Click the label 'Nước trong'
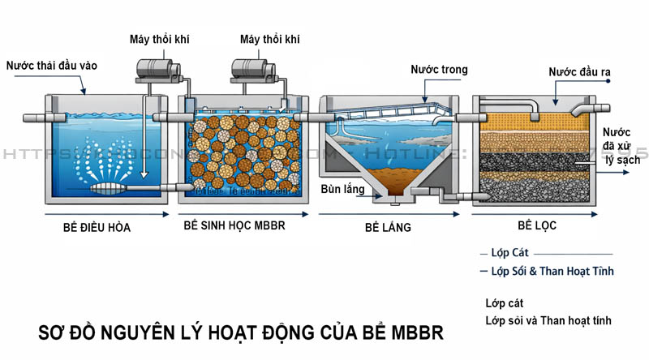tap(439, 70)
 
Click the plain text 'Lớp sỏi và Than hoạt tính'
tap(548, 320)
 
